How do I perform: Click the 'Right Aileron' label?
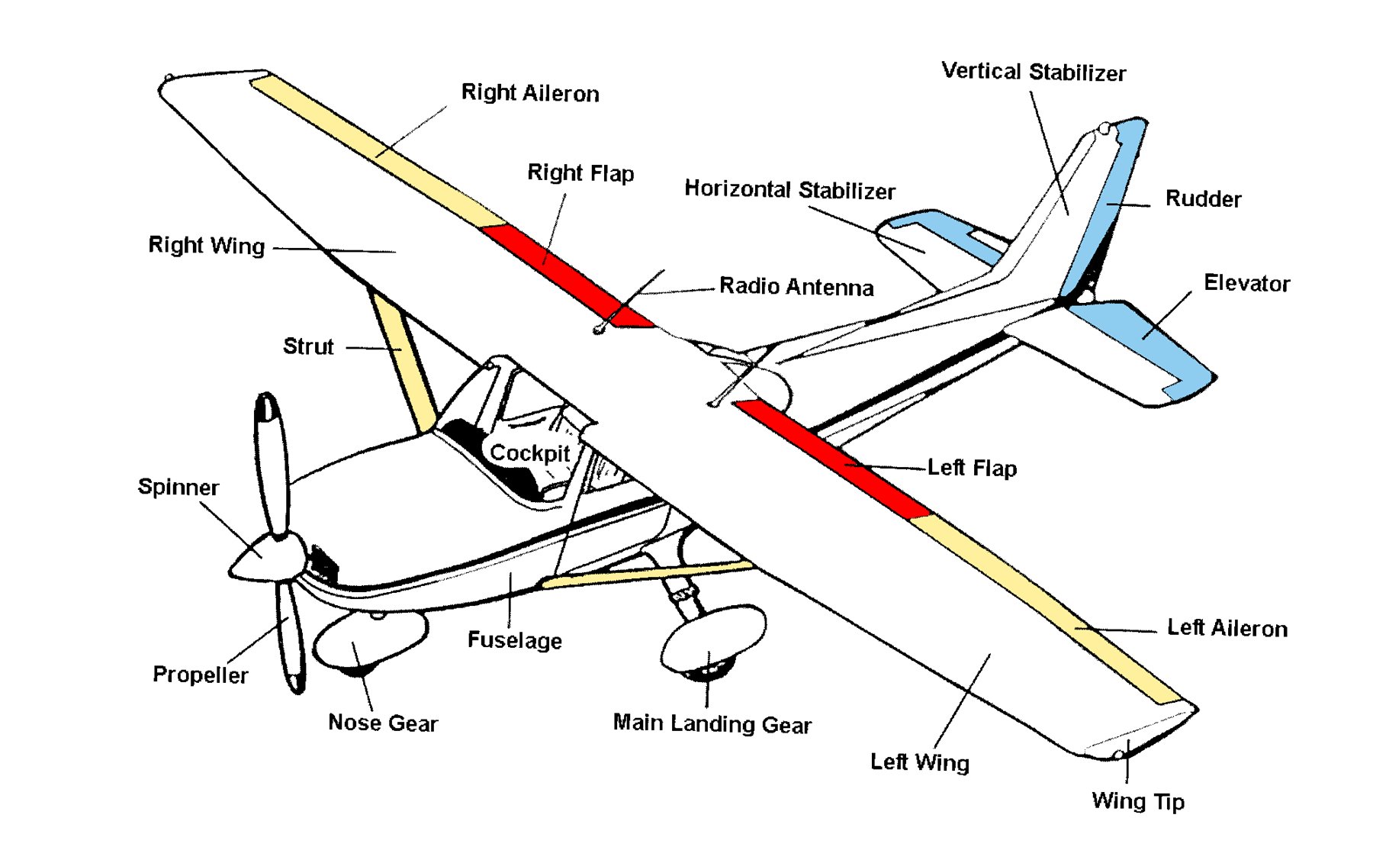530,93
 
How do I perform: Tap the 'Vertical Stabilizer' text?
1034,72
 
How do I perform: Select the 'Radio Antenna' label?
796,286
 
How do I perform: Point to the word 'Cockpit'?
529,452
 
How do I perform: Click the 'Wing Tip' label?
1137,800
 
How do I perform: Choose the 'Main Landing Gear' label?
712,723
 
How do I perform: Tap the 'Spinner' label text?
178,487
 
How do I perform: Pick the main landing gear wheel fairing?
713,637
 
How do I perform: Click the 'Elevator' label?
1246,283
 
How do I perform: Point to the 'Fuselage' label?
514,639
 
